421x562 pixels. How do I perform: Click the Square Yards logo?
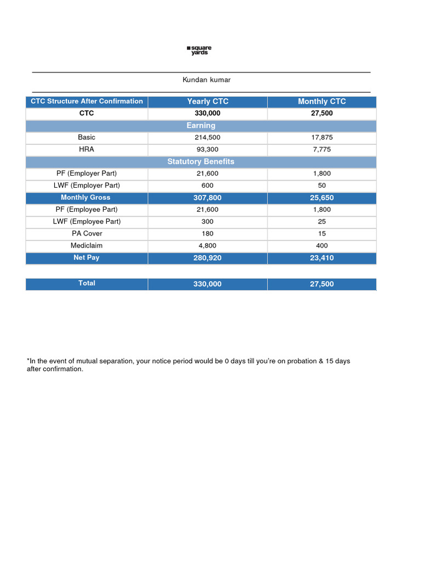coord(199,50)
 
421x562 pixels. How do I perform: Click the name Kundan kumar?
coord(207,80)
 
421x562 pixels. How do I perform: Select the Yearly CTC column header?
coord(208,102)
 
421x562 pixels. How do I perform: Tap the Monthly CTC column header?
coord(322,102)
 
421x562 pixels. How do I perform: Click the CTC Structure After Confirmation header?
coord(87,102)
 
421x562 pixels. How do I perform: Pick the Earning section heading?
coord(201,126)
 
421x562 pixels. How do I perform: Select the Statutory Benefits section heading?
coord(201,161)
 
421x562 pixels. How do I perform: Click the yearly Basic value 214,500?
coord(208,138)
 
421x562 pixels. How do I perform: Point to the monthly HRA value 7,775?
coord(322,150)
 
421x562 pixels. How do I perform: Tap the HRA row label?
coord(87,149)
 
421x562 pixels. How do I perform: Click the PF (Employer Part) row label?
coord(87,173)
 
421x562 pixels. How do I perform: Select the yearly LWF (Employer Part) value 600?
coord(208,186)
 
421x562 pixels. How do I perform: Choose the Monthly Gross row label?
coord(86,198)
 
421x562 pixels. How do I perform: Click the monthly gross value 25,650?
coord(322,198)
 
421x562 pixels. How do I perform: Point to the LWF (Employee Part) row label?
coord(87,222)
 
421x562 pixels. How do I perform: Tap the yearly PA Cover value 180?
coord(208,234)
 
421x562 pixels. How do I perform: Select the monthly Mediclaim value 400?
coord(322,246)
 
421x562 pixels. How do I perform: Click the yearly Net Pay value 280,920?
coord(208,258)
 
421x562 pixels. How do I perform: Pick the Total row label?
coord(87,283)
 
